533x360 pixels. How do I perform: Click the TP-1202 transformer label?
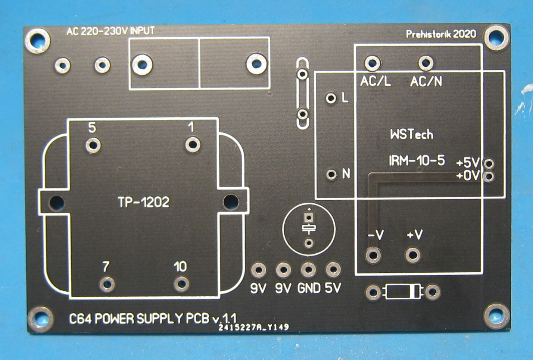144,202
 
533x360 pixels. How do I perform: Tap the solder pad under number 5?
93,145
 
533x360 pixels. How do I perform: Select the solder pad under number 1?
193,144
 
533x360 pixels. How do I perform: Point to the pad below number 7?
107,284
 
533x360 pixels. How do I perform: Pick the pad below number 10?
181,284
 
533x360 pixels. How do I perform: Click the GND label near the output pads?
309,288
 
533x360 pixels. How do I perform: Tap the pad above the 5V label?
333,269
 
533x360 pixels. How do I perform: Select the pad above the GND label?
309,270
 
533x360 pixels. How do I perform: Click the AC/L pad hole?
373,63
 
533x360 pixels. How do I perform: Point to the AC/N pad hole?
426,63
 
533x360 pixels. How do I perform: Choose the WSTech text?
412,134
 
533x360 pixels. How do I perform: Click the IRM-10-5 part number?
417,161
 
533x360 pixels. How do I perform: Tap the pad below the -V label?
373,256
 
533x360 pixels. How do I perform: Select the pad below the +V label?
413,256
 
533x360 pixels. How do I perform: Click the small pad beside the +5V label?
489,164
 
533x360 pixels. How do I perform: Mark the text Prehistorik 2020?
441,34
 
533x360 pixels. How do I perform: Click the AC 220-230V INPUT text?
110,31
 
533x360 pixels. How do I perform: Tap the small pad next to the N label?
331,174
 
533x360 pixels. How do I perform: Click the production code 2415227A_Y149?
254,327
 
